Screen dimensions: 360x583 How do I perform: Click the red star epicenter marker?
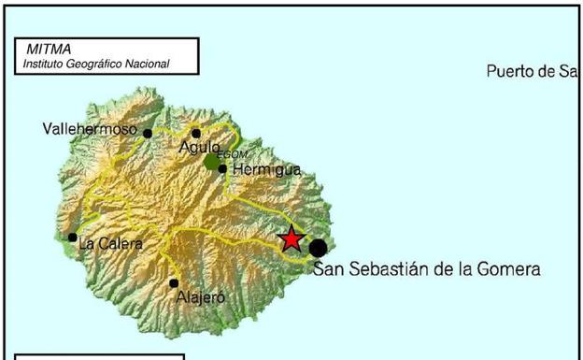click(291, 239)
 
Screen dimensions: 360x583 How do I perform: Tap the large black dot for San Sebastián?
click(319, 248)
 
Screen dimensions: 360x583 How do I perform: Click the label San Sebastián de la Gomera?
click(427, 269)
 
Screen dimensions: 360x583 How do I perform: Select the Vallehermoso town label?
click(91, 129)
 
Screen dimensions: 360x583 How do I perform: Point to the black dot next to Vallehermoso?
click(148, 134)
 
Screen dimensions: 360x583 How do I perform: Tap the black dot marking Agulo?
click(196, 133)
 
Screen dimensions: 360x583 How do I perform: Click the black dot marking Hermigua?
click(222, 169)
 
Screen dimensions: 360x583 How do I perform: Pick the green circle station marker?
click(212, 163)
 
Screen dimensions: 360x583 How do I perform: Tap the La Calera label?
click(110, 244)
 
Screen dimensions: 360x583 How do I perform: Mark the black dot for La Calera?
click(73, 238)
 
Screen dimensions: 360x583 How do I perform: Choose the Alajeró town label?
click(201, 298)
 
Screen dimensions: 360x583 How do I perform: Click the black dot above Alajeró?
click(174, 282)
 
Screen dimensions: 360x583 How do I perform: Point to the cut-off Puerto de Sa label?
click(533, 72)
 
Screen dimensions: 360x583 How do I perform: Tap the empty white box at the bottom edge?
click(100, 356)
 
